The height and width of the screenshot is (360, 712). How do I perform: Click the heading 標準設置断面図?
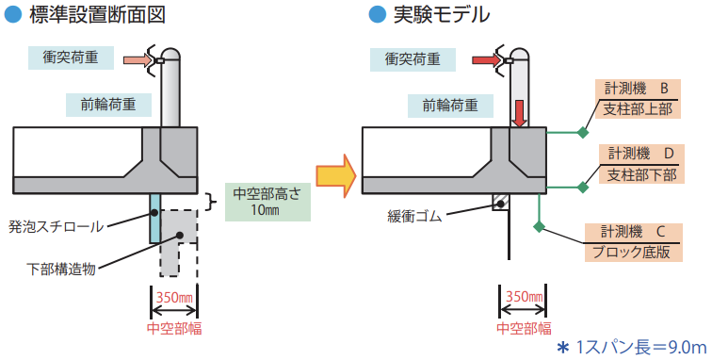coord(97,14)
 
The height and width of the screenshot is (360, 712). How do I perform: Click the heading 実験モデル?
coord(442,14)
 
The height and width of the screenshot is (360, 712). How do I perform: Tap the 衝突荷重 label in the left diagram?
coord(71,57)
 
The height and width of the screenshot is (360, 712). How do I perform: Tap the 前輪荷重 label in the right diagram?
coord(450,106)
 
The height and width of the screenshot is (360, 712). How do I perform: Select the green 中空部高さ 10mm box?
coord(267,202)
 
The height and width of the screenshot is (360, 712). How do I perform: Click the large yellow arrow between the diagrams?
coord(336,176)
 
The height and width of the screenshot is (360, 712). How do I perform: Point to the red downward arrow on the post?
coord(519,113)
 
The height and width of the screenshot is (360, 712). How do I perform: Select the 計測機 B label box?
coord(638,99)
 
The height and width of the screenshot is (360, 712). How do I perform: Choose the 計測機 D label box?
coord(641,165)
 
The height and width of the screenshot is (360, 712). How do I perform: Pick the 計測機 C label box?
coord(634,243)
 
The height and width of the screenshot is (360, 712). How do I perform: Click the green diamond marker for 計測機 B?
coord(583,133)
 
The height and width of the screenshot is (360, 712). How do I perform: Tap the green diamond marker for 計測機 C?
coord(539,226)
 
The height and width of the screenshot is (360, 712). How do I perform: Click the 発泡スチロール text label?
coord(56,226)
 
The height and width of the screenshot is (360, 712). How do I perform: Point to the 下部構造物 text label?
coord(61,270)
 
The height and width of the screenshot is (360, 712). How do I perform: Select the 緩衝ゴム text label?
coord(414,217)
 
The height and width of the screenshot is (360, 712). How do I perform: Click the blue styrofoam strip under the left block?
coord(154,219)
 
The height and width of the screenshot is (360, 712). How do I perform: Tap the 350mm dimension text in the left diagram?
coord(175,298)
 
